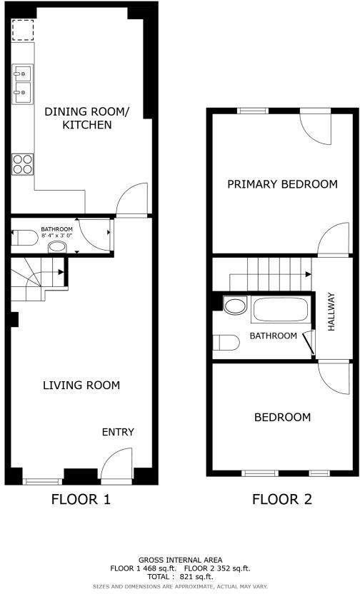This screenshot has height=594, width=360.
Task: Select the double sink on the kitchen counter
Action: pos(21,82)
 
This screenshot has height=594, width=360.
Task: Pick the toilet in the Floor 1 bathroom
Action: pos(26,238)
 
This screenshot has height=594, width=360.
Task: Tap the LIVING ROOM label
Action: pos(81,386)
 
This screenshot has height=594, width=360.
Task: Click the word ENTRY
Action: pos(118,432)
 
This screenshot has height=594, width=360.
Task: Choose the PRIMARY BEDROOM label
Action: pos(282,184)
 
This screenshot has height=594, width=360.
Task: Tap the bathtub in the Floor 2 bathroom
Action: pos(279,311)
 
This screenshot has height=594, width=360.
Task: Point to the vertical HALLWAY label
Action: pos(331,311)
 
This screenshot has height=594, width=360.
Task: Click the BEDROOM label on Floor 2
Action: pos(283,417)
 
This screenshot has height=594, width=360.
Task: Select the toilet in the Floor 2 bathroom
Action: pos(226,342)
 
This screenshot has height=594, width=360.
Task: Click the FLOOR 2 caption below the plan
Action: pos(282,500)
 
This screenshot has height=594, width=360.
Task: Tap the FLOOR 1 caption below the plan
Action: pos(81,500)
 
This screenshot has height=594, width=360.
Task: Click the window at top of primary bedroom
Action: pos(252,110)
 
